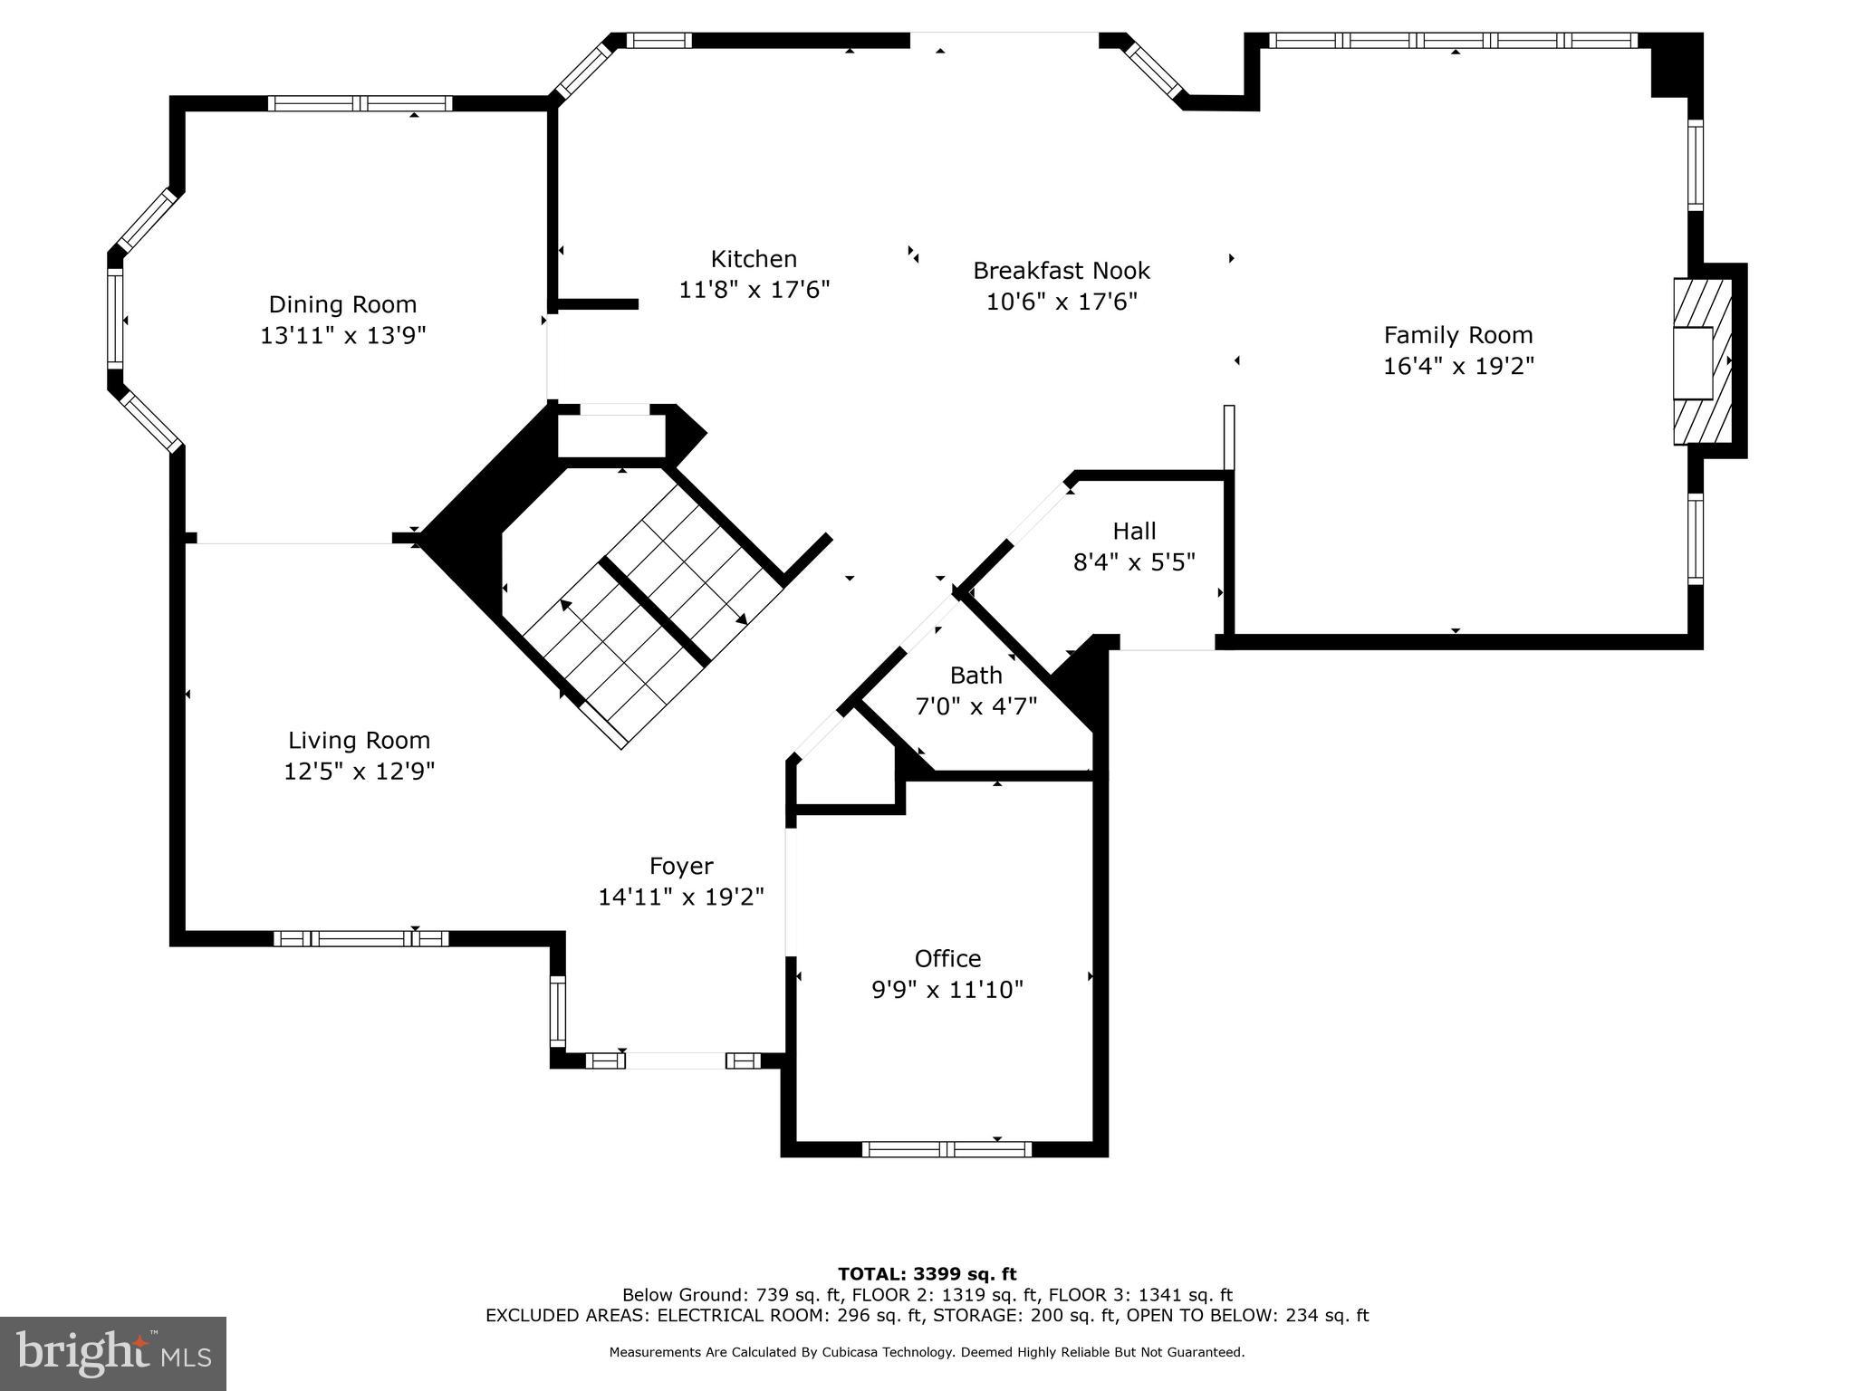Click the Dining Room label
(342, 304)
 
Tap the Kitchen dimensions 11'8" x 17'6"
(754, 290)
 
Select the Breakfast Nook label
(1061, 271)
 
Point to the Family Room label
(1457, 335)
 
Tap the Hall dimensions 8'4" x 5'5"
(1134, 562)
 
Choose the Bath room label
(976, 676)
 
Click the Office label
(947, 958)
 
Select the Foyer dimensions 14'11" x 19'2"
(681, 897)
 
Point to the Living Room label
(359, 741)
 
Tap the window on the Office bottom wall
(947, 1149)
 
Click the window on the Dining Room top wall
(360, 103)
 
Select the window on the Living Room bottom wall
(360, 938)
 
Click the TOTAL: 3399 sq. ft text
(927, 1274)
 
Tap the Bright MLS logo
(113, 1353)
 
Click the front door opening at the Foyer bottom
(675, 1060)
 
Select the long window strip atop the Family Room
(1453, 40)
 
